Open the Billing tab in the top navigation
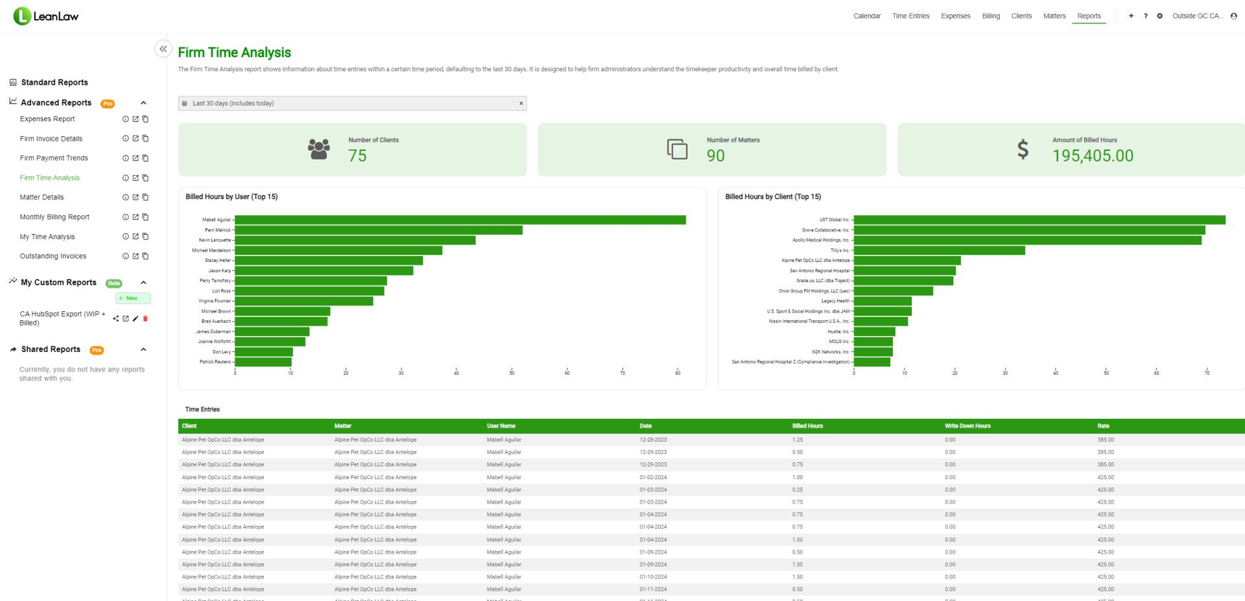(990, 16)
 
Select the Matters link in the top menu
(1054, 16)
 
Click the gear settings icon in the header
(1159, 16)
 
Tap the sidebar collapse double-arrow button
(163, 49)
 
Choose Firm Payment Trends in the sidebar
(54, 158)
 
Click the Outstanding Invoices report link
(53, 256)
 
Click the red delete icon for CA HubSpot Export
(145, 318)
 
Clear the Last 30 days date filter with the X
(521, 104)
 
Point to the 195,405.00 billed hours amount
(1093, 156)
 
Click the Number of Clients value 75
(357, 156)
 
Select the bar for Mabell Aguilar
(460, 220)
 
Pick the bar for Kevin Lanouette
(355, 241)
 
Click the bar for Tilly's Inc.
(939, 250)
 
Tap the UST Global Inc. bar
(1039, 220)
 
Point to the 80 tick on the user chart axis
(678, 373)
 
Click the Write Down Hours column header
(967, 426)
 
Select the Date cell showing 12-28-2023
(653, 440)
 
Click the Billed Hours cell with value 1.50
(798, 577)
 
